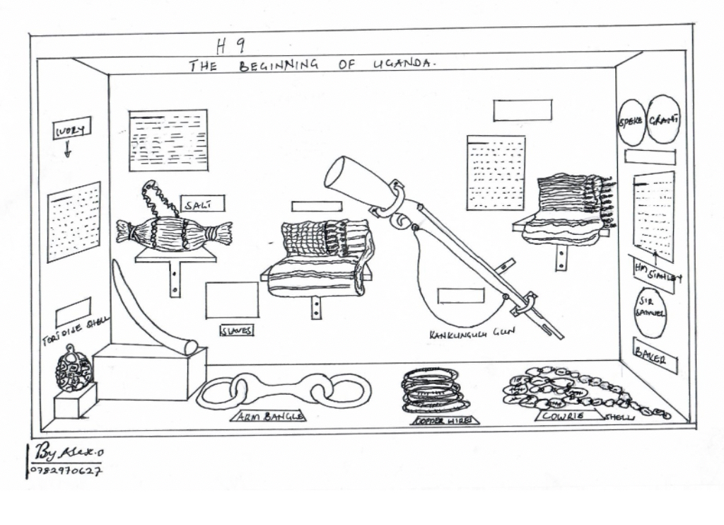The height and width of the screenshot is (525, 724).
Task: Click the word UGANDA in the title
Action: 404,64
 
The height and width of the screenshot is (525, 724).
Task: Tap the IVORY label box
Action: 71,128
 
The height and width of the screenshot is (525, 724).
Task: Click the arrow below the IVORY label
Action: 68,149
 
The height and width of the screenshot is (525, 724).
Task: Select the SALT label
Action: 202,204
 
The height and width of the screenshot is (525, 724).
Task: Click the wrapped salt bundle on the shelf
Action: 174,233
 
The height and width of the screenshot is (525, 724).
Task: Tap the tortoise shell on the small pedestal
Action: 74,369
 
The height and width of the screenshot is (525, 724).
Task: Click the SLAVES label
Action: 237,330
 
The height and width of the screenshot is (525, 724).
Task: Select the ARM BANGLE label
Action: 269,417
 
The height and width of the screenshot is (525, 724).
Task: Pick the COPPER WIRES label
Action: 445,420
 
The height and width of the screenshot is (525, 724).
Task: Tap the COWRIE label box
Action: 564,416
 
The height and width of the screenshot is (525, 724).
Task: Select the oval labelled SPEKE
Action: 631,122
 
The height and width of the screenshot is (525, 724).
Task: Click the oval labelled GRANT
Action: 663,120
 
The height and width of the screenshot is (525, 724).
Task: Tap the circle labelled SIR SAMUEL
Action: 650,311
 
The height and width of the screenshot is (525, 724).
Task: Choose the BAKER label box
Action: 655,354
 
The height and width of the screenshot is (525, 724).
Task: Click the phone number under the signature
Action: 66,470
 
